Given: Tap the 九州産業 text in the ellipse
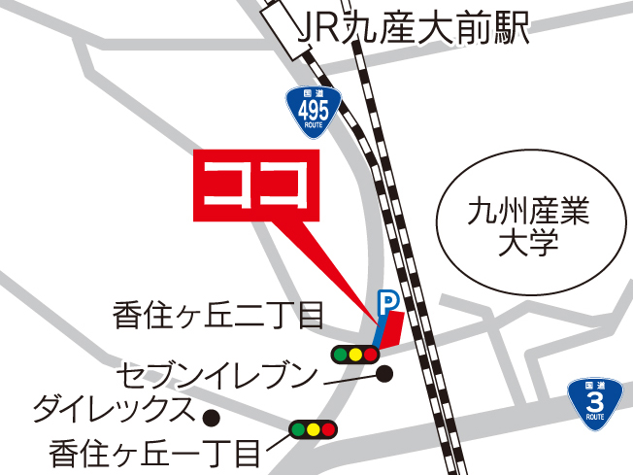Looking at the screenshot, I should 528,209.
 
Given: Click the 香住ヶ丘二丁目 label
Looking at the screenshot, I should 217,314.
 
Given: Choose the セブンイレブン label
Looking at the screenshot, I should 217,374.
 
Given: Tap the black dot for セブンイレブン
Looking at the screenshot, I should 384,373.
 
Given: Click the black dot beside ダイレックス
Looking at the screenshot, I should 209,418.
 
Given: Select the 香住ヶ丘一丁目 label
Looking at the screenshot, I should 155,452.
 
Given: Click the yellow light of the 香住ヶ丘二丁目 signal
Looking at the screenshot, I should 355,355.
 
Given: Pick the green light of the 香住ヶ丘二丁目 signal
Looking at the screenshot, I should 340,355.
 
